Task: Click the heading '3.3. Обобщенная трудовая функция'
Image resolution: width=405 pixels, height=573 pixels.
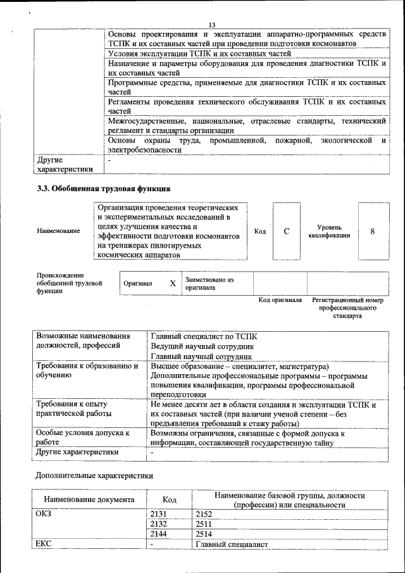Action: [x=103, y=188]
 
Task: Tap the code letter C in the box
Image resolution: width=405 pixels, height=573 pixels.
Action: [x=287, y=231]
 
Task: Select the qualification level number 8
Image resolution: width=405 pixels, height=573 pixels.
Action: [x=373, y=231]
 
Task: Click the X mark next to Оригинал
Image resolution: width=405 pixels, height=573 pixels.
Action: [x=172, y=284]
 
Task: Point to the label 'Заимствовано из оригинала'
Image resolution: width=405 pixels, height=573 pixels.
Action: [x=209, y=283]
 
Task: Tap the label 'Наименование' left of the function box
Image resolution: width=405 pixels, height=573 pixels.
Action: [x=59, y=231]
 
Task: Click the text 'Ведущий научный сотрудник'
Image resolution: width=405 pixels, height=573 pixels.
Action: [x=202, y=347]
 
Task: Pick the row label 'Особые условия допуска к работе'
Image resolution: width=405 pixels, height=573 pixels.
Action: [x=83, y=438]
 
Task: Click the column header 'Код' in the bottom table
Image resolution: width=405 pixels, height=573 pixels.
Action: [x=169, y=500]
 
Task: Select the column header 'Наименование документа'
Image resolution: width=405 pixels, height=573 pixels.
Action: [x=89, y=500]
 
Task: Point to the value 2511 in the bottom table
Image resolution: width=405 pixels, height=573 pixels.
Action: [x=204, y=524]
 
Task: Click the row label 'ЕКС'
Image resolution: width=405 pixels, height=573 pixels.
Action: [x=45, y=545]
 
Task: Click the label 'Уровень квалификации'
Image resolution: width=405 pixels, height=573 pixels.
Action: [x=330, y=231]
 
